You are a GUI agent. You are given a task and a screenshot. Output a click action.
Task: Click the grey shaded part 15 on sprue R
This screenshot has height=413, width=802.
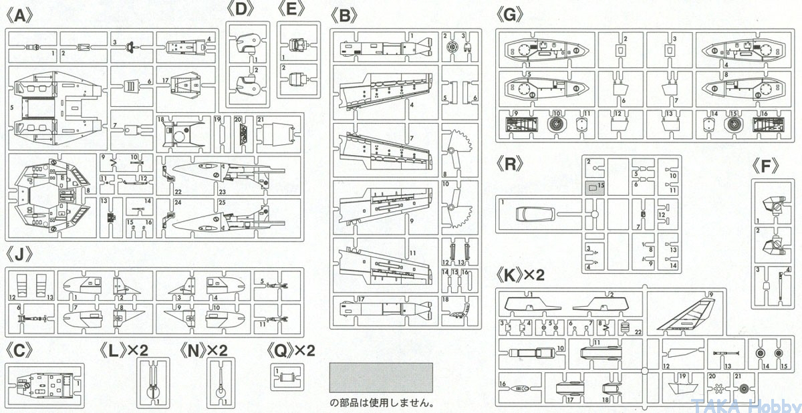[594, 188]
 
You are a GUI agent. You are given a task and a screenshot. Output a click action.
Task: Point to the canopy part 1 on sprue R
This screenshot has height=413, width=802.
[535, 215]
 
